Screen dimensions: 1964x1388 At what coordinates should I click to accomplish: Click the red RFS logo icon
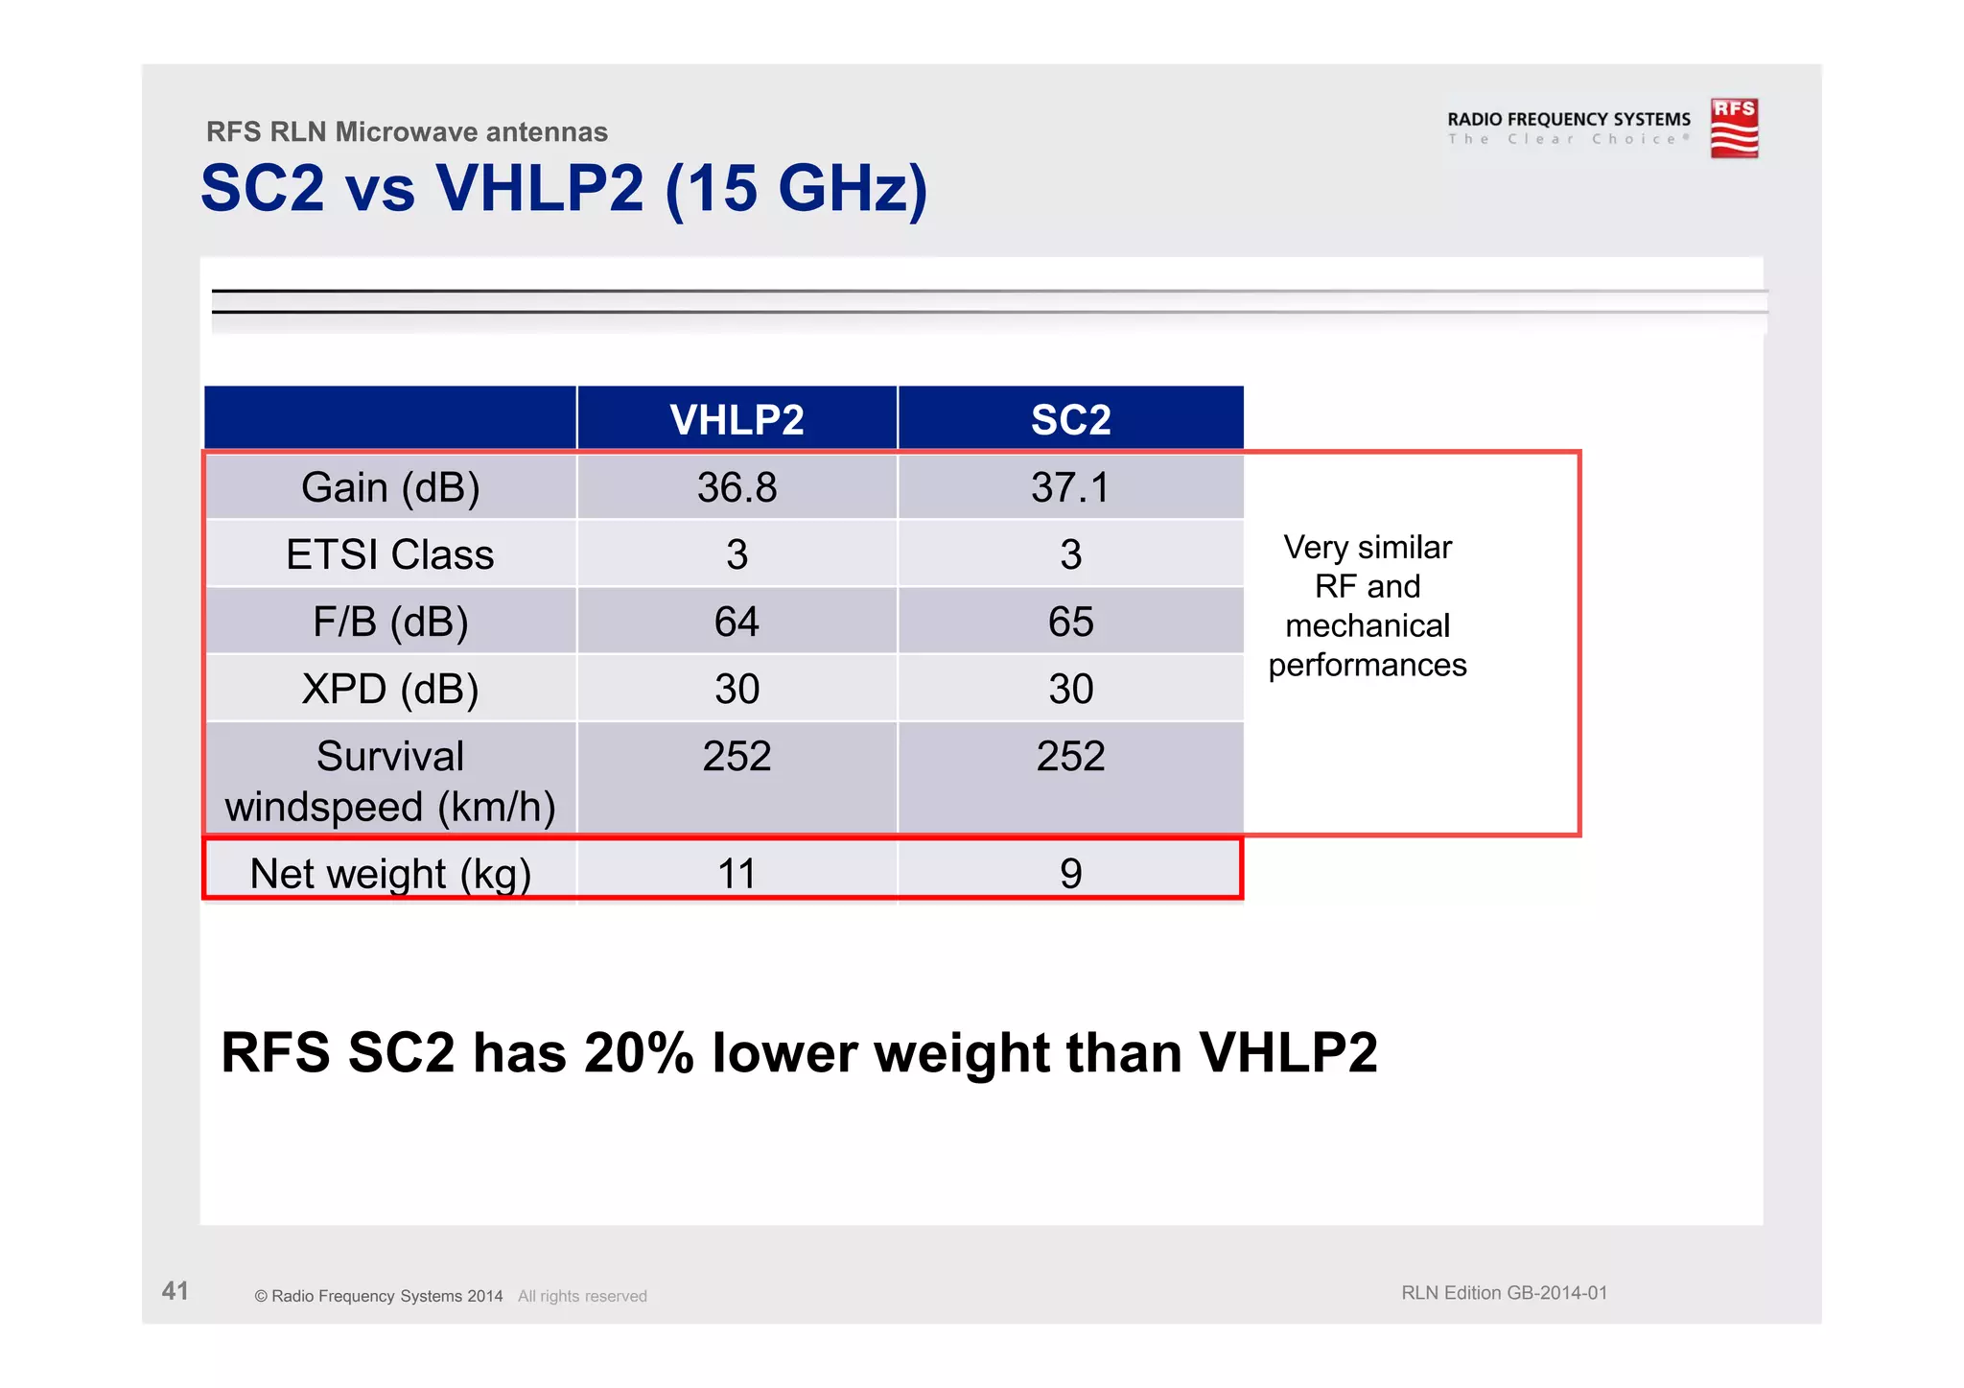click(1734, 128)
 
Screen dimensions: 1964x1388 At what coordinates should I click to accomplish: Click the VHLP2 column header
click(736, 420)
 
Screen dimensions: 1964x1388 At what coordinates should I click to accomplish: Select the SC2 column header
click(1070, 420)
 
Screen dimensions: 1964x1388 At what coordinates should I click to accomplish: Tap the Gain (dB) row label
click(390, 487)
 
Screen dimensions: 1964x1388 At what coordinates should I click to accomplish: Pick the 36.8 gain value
click(736, 487)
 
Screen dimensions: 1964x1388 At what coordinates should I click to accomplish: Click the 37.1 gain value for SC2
click(1070, 487)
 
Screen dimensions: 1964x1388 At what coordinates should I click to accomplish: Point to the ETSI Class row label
click(390, 554)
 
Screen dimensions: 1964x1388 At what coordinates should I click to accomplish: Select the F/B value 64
click(736, 622)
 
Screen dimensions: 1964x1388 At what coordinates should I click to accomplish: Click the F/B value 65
click(1070, 622)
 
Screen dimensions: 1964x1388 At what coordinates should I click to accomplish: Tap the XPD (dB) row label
click(390, 689)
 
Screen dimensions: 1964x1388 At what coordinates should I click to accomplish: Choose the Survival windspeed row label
click(390, 781)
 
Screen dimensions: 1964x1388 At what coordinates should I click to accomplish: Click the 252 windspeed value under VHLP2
click(736, 756)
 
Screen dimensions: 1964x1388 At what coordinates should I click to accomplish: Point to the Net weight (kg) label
click(390, 874)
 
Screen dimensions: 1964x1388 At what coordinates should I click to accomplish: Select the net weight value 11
click(736, 874)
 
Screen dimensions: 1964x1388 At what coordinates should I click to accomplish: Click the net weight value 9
click(1070, 874)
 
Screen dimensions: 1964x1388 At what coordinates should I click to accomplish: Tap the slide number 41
click(175, 1290)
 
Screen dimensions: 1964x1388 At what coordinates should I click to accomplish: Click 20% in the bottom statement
click(639, 1052)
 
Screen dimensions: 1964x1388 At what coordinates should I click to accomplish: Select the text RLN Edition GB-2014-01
click(1504, 1293)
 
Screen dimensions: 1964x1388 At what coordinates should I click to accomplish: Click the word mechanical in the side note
click(1368, 625)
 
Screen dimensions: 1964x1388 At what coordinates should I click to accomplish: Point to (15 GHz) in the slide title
click(796, 189)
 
